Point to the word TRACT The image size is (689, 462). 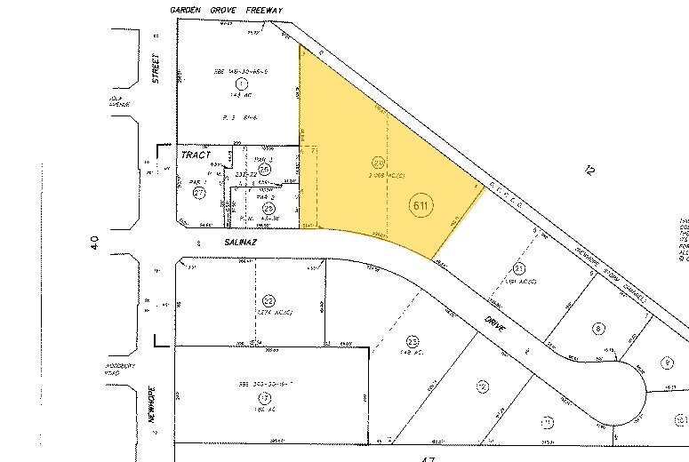(194, 155)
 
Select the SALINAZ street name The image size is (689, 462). (215, 241)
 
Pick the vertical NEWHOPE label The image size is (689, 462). (152, 402)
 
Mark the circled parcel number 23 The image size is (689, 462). (413, 341)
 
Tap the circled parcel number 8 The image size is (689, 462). (598, 329)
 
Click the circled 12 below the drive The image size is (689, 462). (482, 386)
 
